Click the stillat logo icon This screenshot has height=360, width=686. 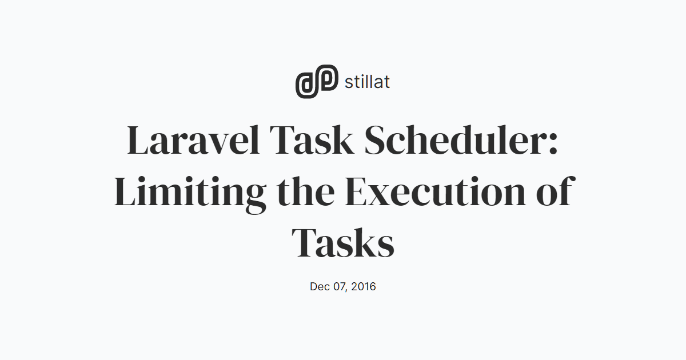click(x=317, y=81)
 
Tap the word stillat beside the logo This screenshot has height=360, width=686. click(x=367, y=82)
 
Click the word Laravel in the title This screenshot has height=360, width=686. click(x=194, y=140)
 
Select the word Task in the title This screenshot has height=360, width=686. click(x=312, y=140)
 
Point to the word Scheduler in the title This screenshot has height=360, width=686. click(x=456, y=140)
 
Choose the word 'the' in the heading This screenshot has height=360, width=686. click(x=306, y=191)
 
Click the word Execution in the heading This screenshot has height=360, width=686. click(x=435, y=191)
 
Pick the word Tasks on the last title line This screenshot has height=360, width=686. click(x=342, y=242)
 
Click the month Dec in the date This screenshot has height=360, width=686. click(x=320, y=286)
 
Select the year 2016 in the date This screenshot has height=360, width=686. click(x=364, y=286)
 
